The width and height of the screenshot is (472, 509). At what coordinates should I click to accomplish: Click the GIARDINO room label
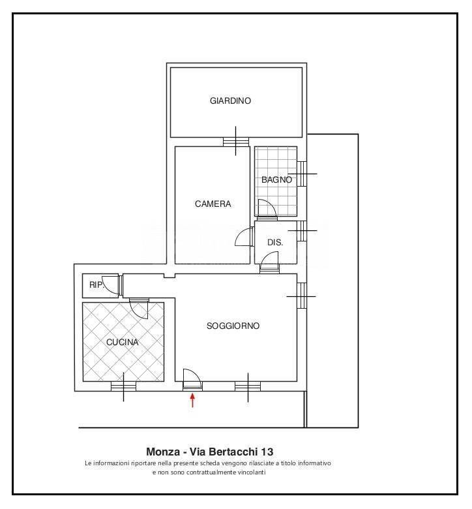tap(230, 100)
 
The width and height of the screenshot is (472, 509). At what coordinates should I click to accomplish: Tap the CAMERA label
tap(213, 204)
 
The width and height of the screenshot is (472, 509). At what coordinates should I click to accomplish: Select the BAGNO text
tap(276, 179)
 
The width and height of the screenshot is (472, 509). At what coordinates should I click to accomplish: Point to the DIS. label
tap(275, 242)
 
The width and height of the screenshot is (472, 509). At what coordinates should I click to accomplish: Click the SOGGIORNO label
tap(233, 326)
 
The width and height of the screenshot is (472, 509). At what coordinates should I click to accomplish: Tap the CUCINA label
tap(123, 342)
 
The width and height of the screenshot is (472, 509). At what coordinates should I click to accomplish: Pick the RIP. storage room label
tap(96, 285)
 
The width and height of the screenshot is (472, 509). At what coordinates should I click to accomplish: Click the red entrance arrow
tap(193, 400)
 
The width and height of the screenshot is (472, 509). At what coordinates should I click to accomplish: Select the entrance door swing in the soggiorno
tap(193, 378)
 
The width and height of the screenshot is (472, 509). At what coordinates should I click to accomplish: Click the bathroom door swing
tap(267, 208)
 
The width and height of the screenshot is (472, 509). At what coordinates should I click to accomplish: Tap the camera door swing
tap(244, 237)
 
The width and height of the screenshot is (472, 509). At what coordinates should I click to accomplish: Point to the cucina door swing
tap(139, 309)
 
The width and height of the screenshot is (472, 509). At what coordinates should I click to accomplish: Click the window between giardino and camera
tap(236, 142)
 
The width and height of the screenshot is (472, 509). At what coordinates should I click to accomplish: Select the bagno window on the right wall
tap(302, 174)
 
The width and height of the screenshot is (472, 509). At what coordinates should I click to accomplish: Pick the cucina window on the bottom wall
tap(123, 386)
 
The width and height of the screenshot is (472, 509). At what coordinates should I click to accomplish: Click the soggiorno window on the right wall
tap(302, 296)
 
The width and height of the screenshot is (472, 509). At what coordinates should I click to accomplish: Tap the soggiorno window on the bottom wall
tap(248, 386)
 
